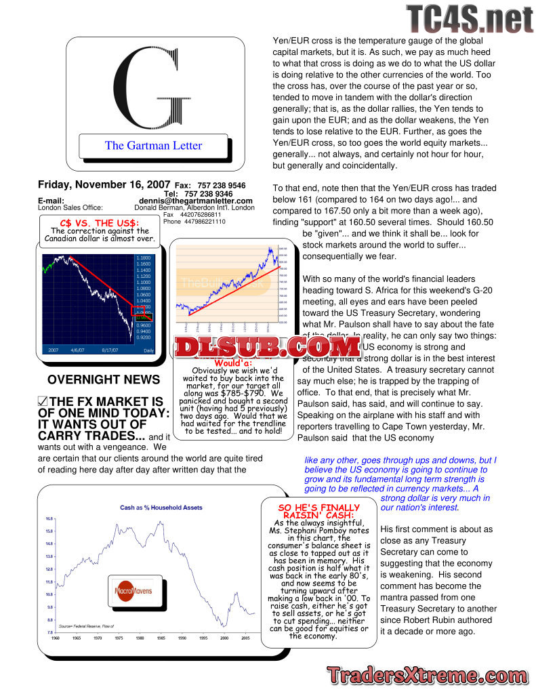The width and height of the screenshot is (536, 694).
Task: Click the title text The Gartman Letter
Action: tap(153, 145)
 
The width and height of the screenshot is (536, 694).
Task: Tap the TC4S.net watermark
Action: tap(470, 18)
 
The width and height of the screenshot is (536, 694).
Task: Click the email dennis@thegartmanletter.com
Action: tap(196, 201)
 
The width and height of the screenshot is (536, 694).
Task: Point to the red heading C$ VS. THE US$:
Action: tap(100, 222)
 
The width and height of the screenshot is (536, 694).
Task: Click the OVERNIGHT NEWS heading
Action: tap(104, 380)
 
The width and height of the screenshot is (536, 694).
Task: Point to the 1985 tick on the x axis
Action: tap(161, 638)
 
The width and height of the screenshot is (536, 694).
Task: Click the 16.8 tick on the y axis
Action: tap(49, 518)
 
